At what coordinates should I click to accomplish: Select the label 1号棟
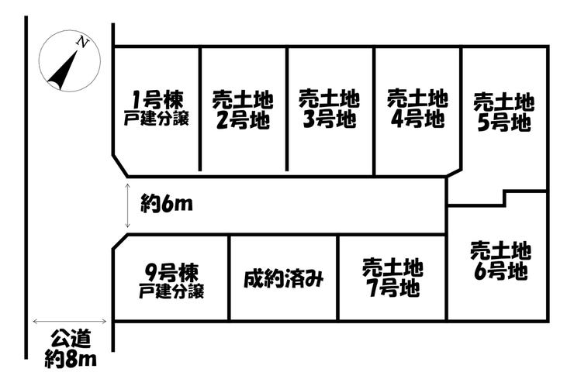(x=157, y=100)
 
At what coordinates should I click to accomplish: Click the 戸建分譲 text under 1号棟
(x=157, y=119)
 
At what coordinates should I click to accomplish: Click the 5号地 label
(x=504, y=122)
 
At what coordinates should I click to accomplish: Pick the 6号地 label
(x=501, y=272)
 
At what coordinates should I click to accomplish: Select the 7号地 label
(x=392, y=289)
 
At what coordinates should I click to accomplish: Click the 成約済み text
(x=283, y=278)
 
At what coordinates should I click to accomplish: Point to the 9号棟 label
(x=172, y=273)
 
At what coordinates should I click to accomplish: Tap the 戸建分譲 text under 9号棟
(x=172, y=292)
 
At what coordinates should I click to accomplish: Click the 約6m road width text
(x=166, y=205)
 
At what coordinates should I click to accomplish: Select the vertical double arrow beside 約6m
(x=128, y=205)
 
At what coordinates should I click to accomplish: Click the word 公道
(x=71, y=339)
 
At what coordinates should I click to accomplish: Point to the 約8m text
(x=71, y=359)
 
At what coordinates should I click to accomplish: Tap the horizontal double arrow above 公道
(x=69, y=321)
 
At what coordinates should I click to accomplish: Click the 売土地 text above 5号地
(x=504, y=102)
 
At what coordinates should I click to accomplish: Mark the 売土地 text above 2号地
(x=243, y=100)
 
